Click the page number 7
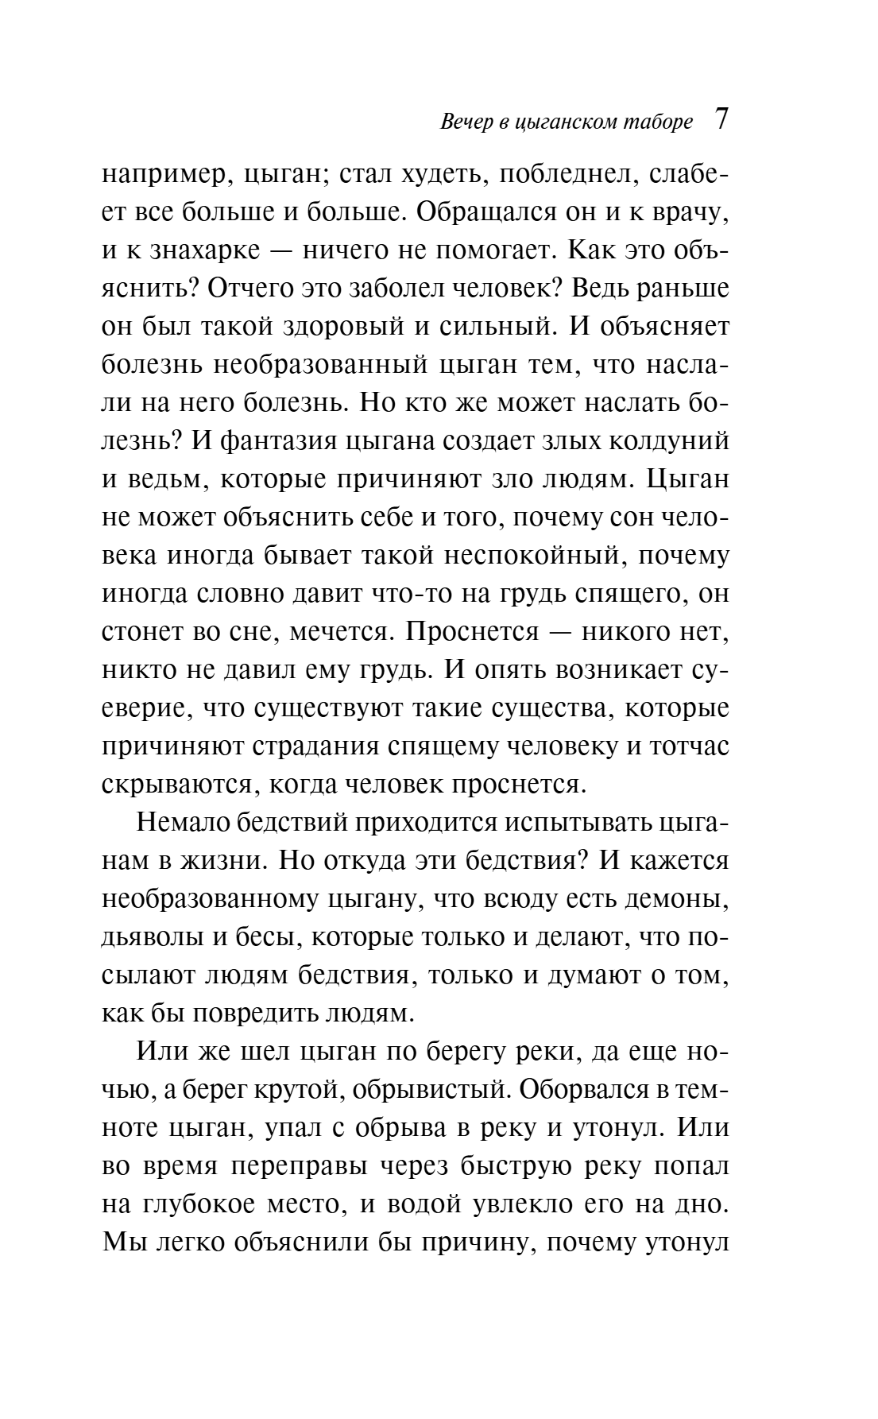[x=721, y=120]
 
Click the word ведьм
[x=174, y=480]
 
